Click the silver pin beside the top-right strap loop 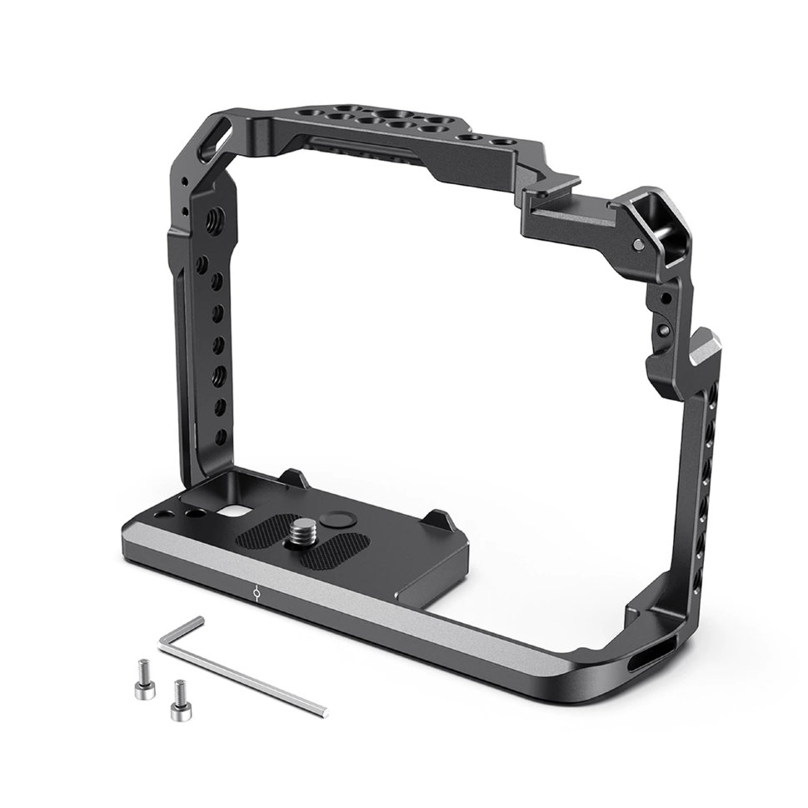tap(637, 244)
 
